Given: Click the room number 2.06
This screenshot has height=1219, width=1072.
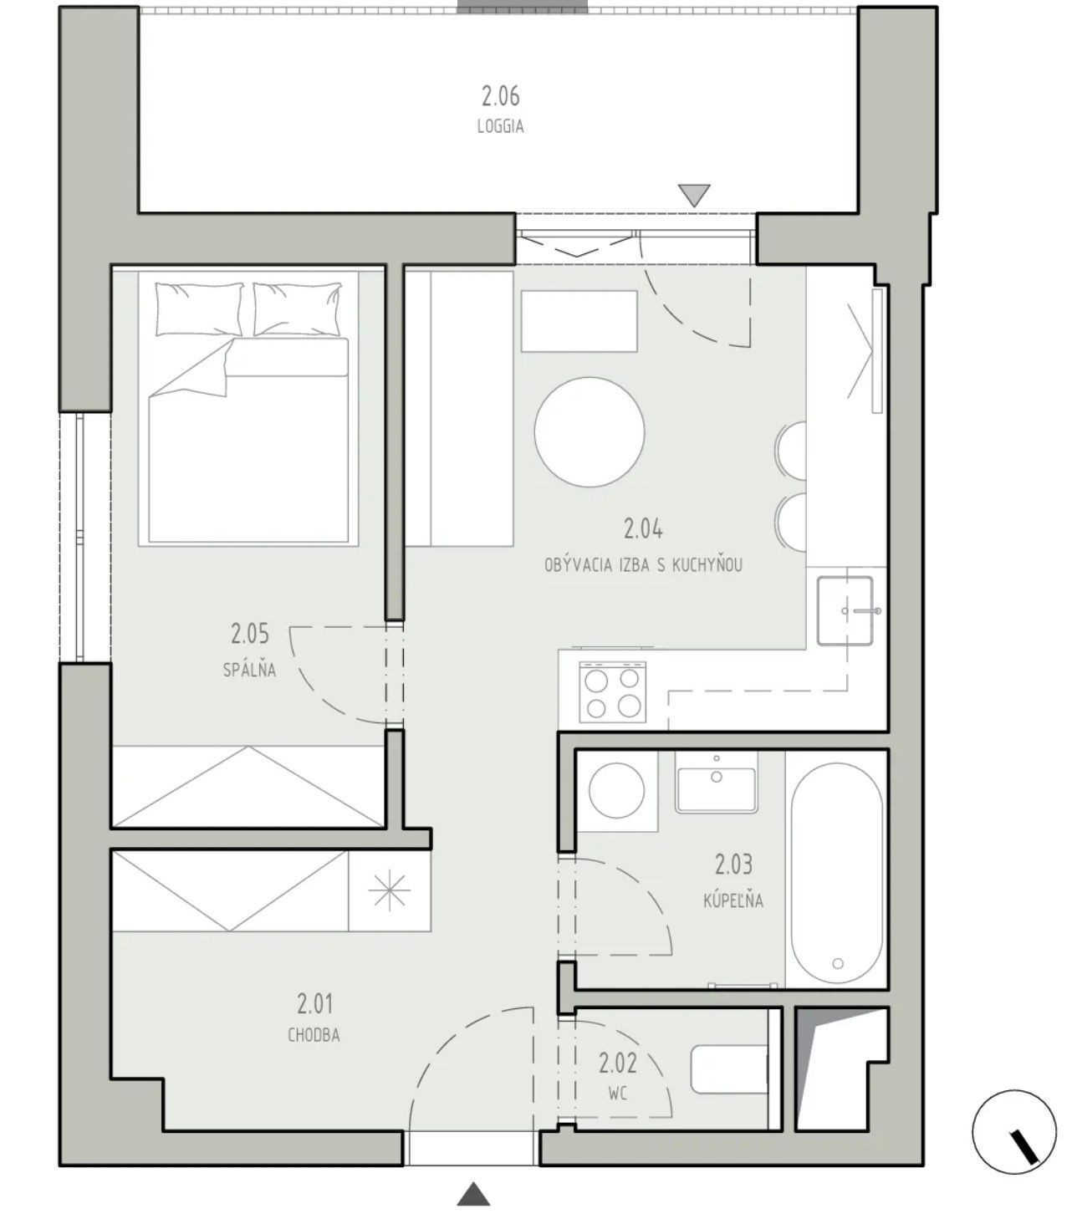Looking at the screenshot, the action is coord(500,95).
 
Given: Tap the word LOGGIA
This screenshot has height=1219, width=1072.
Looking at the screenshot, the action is coord(500,127).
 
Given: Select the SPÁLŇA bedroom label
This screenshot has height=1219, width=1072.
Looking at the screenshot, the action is coord(249,670).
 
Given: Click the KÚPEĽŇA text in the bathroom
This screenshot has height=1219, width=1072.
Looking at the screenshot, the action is coord(733,900).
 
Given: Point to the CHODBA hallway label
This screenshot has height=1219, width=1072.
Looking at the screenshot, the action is coord(314,1036).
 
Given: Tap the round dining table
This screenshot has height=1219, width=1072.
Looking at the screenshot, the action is coord(590,431).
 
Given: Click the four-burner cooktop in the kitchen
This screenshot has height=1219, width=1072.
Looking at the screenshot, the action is coord(612,691).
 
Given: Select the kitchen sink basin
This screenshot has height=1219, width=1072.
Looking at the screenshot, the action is coord(845,610).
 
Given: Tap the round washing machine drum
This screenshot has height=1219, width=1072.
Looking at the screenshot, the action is coord(617,790).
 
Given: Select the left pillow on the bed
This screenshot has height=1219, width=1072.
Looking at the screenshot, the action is coord(199,309).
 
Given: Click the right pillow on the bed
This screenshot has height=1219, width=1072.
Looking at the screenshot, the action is coord(298,309).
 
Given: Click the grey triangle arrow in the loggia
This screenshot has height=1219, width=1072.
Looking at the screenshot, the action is coord(694,195).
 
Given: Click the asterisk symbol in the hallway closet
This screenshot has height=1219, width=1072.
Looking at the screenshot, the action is coord(390,889).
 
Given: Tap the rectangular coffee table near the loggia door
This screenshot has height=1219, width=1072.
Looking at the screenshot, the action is coord(579,321).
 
